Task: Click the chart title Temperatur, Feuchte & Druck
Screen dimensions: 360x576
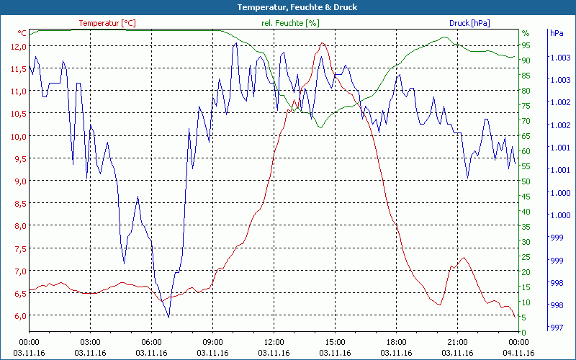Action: (287, 7)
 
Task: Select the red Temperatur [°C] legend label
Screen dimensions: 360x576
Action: (107, 23)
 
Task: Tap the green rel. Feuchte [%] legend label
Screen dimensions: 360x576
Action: (289, 23)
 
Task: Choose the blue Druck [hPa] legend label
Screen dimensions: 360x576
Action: (469, 23)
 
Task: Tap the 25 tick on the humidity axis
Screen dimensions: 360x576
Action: (526, 256)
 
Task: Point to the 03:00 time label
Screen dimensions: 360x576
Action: (90, 342)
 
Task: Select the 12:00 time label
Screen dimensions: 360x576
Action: (274, 342)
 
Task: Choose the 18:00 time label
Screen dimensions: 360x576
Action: (396, 342)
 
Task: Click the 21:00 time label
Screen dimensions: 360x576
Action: (457, 342)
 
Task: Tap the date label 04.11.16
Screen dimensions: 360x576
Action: (518, 353)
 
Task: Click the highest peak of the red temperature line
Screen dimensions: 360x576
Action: (322, 43)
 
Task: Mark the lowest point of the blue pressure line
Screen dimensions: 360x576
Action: (168, 317)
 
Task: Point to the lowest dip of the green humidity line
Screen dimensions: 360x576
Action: (321, 127)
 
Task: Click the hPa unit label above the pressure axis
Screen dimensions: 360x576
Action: (556, 33)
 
